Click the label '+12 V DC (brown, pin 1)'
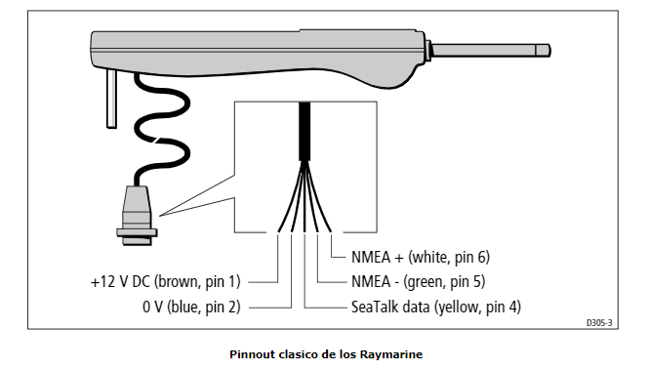click(165, 281)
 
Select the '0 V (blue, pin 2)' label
click(191, 307)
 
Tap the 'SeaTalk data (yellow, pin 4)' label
click(436, 307)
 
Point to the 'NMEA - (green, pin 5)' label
click(419, 281)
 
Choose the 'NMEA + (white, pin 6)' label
click(421, 257)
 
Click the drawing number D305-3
click(599, 323)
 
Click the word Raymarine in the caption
click(391, 354)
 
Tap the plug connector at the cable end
click(137, 216)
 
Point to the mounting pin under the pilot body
click(111, 99)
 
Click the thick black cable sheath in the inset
click(304, 131)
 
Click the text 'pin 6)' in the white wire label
click(472, 257)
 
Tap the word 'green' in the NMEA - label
click(426, 282)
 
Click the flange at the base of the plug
click(137, 232)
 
